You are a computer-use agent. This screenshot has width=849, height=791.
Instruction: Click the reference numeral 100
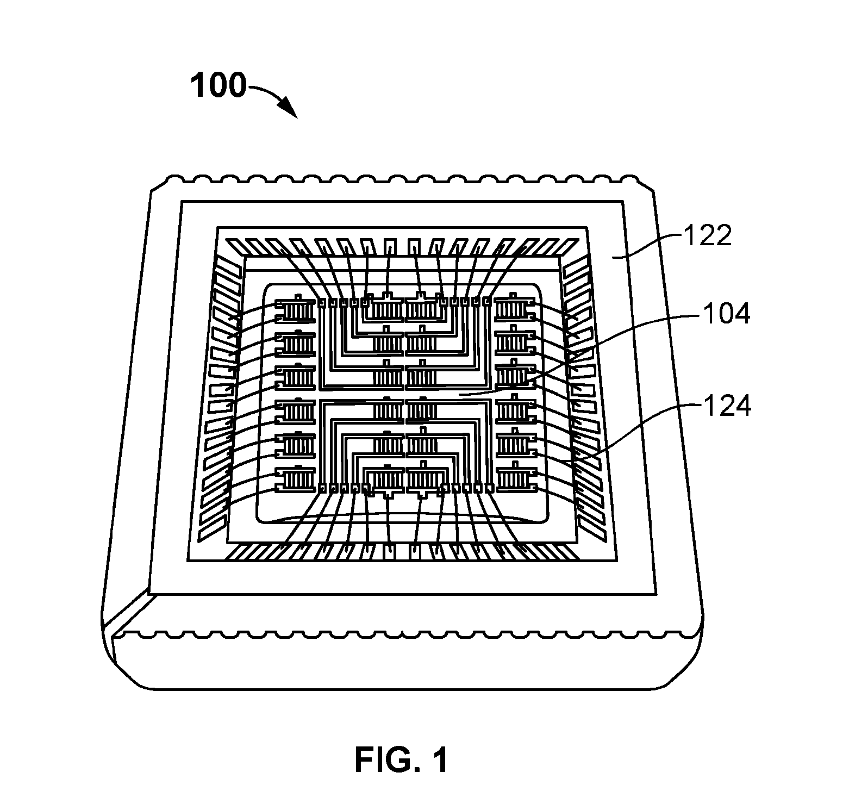pos(218,86)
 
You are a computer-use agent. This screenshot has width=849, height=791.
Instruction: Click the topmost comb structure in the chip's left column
pos(296,311)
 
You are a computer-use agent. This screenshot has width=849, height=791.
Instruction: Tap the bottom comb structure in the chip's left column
pos(296,478)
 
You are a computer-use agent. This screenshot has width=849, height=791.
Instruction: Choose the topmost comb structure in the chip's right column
pos(515,309)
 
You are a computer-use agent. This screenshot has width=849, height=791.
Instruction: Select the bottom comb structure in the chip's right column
pos(516,477)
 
